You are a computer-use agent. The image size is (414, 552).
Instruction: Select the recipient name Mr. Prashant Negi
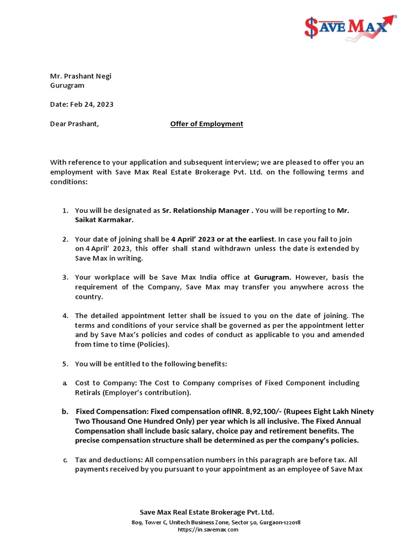click(x=80, y=76)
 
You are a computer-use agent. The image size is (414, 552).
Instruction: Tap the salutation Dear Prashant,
click(x=74, y=123)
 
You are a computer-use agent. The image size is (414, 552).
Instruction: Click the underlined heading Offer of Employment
click(x=206, y=123)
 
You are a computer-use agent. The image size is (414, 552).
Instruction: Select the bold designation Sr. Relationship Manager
click(x=206, y=211)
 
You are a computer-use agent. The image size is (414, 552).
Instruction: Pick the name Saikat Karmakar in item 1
click(x=103, y=219)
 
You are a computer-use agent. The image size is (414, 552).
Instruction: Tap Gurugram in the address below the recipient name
click(x=67, y=85)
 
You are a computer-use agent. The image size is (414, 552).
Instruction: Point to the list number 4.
click(x=65, y=315)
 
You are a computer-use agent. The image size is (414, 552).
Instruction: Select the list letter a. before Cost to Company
click(x=65, y=383)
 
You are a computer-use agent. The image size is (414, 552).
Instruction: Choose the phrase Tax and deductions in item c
click(x=107, y=460)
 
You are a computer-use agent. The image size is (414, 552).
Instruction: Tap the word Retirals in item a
click(x=88, y=392)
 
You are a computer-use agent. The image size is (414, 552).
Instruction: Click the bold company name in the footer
click(x=207, y=512)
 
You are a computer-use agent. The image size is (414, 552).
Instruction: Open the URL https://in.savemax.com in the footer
click(x=208, y=529)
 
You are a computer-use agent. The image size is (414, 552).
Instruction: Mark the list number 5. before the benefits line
click(x=65, y=364)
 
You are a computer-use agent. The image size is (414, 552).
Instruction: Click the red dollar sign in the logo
click(x=311, y=27)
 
